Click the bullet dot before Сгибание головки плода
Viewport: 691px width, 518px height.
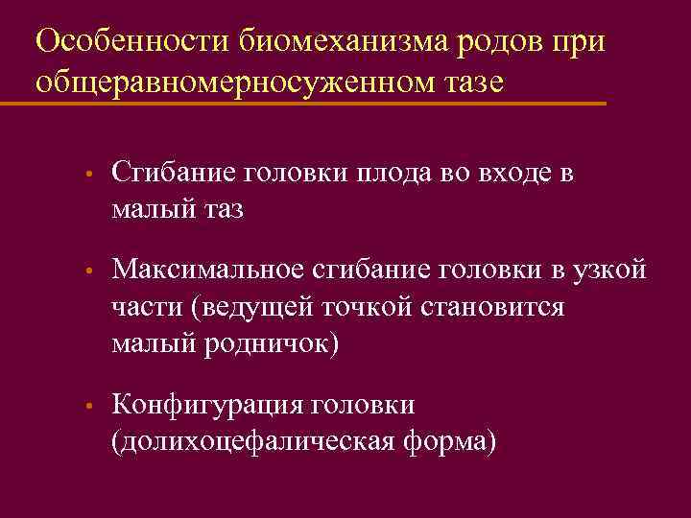click(87, 176)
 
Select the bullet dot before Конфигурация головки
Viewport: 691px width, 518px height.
click(87, 409)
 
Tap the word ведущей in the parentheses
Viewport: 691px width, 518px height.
click(250, 309)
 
